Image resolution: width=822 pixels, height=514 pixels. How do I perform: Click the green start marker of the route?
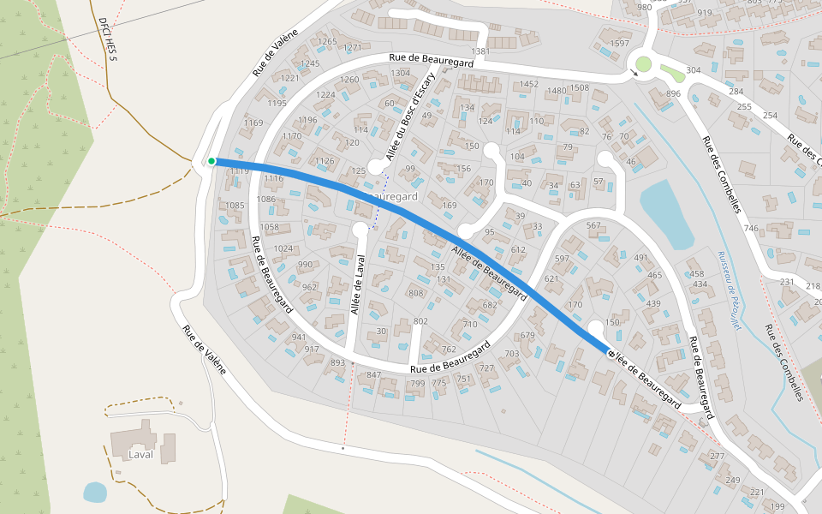[x=211, y=161]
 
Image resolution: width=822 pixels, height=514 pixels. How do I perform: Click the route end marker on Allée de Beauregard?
[x=611, y=353]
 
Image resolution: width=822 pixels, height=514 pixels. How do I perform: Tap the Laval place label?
[x=140, y=455]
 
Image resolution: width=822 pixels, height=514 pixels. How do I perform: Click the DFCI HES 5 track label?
[x=108, y=39]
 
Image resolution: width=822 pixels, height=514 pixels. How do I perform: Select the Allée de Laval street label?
[x=357, y=290]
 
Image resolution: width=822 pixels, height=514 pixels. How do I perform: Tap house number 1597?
[x=619, y=44]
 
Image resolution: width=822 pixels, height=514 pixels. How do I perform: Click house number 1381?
[x=480, y=52]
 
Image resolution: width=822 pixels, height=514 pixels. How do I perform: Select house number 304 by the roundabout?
[x=694, y=70]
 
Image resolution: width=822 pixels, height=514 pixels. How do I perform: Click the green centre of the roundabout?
[x=643, y=63]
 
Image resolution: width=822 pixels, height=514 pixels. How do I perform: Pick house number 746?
[x=751, y=229]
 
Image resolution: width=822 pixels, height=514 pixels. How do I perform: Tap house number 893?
[x=337, y=362]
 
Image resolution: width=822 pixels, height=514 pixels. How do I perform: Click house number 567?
[x=593, y=225]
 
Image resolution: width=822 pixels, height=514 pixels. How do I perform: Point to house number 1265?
[x=327, y=42]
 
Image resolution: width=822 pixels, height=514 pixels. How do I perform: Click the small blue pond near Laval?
[x=95, y=493]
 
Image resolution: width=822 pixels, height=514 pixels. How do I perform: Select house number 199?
[x=777, y=507]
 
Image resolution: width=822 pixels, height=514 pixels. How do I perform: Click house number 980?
[x=644, y=8]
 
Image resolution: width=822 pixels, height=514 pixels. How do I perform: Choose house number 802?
[x=420, y=321]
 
